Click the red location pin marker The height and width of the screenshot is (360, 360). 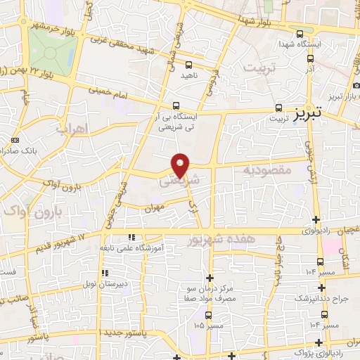pyautogui.click(x=181, y=164)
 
